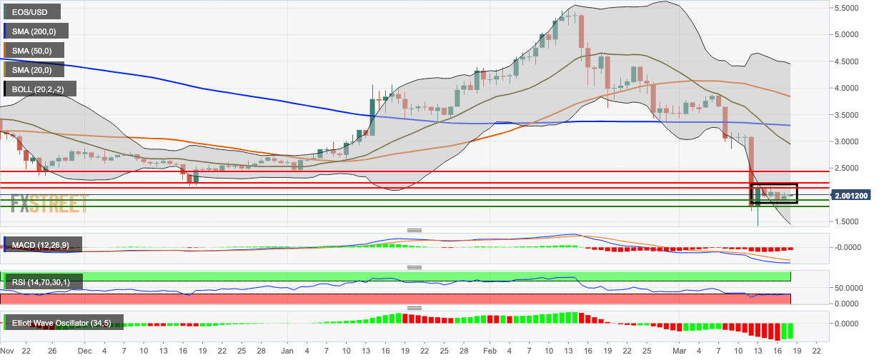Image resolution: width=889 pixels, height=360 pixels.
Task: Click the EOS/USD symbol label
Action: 31,11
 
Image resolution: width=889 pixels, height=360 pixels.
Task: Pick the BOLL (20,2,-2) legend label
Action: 38,89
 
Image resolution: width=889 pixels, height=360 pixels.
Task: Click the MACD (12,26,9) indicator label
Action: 41,246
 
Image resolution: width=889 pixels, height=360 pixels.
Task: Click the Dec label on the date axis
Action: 85,351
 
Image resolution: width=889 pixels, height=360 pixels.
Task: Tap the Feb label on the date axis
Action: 490,351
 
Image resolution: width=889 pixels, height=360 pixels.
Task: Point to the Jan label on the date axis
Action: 287,351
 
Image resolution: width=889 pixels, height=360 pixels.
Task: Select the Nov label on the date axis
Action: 8,351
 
